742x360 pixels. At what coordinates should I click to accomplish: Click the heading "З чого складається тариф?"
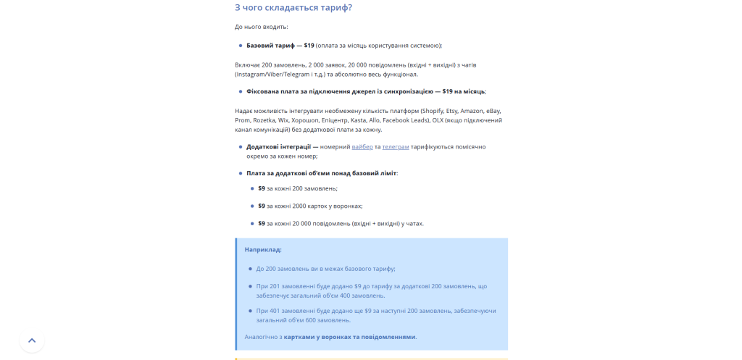[x=293, y=8]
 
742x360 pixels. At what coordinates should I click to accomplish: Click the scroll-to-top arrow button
[x=32, y=340]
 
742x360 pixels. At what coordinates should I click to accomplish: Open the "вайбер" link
[x=362, y=146]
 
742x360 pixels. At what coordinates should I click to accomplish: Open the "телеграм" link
[x=396, y=146]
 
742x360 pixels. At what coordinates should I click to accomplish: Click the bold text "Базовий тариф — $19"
[x=280, y=45]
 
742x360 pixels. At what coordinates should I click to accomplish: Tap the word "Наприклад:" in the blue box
[x=263, y=249]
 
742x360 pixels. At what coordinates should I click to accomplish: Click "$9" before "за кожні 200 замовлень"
[x=262, y=188]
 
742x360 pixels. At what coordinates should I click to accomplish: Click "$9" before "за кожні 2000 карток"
[x=262, y=206]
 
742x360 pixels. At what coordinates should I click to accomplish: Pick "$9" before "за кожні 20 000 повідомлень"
[x=262, y=223]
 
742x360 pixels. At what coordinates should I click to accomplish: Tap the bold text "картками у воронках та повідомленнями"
[x=349, y=337]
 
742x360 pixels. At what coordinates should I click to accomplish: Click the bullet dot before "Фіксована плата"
[x=241, y=91]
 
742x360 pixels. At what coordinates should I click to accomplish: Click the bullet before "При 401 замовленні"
[x=250, y=311]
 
